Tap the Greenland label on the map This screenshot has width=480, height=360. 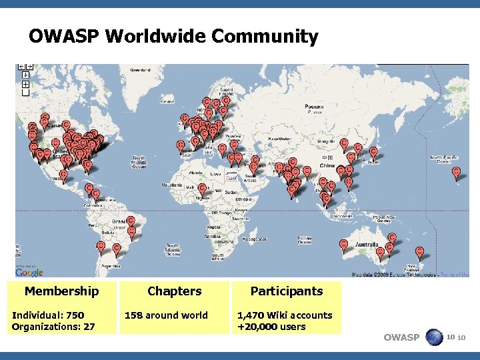140,69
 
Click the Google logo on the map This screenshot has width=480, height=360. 29,272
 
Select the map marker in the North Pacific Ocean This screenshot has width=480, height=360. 456,173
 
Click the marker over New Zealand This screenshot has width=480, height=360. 419,251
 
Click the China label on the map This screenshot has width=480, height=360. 327,165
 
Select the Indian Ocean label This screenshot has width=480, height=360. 304,240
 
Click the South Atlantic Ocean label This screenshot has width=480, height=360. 173,249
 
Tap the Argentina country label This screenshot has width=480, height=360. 109,265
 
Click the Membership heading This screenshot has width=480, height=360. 61,291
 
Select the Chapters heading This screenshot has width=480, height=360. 174,291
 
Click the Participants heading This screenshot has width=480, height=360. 286,291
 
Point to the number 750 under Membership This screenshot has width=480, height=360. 75,315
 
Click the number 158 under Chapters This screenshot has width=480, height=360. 135,315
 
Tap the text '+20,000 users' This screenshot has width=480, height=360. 271,327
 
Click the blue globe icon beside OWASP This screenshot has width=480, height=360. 434,337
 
